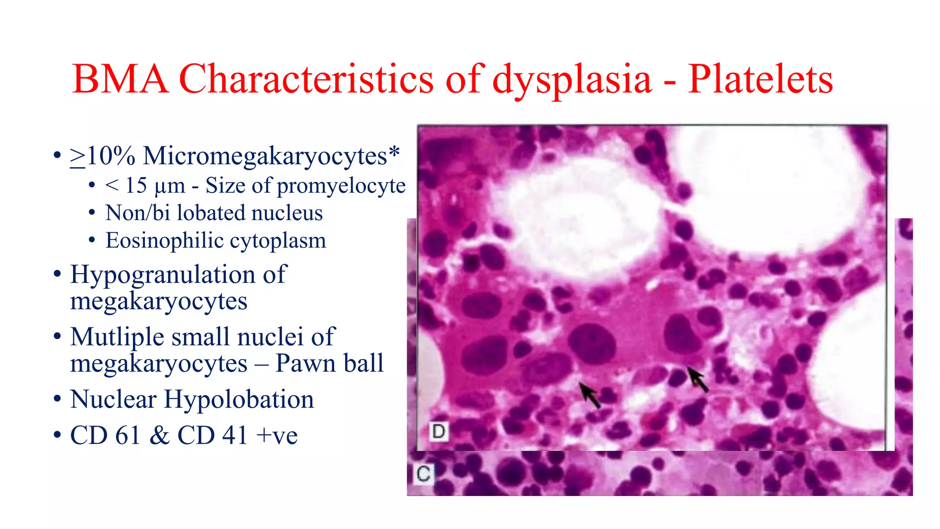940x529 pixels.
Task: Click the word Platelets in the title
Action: click(760, 79)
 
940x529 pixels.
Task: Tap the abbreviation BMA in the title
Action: click(120, 79)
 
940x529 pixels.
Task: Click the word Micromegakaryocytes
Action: click(265, 156)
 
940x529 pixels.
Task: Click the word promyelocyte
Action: click(341, 186)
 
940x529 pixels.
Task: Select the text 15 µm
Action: click(155, 186)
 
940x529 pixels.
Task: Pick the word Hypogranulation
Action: click(162, 275)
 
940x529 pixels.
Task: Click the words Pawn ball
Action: click(329, 363)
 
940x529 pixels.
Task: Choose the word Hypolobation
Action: click(239, 399)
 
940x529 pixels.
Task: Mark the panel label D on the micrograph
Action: click(438, 432)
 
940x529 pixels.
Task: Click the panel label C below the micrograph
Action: click(423, 473)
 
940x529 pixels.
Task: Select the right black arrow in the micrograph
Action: click(698, 379)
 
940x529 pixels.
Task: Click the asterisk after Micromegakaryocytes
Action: click(394, 151)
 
